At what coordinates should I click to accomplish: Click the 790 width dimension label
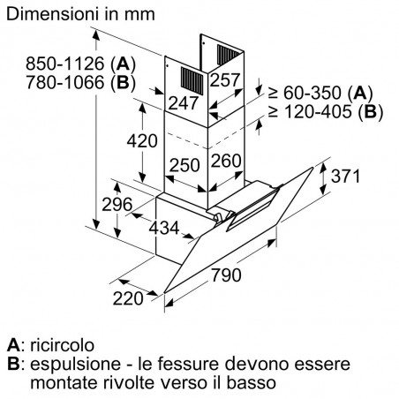coord(226,275)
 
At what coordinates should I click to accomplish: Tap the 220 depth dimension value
coord(128,298)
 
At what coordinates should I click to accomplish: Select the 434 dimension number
coord(164,228)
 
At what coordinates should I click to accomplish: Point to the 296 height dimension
coord(117,204)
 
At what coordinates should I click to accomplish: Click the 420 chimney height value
coord(142,140)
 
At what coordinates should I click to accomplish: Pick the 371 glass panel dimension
coord(345,177)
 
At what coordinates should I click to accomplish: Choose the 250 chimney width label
coord(184,165)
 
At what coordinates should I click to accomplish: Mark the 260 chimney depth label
coord(226,161)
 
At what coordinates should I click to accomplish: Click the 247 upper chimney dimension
coord(183,103)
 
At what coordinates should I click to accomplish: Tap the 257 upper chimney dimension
coord(225,79)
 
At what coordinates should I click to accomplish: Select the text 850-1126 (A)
coord(80,64)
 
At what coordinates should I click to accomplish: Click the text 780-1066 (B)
coord(80,82)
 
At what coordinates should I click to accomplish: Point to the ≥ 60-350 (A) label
coord(320,93)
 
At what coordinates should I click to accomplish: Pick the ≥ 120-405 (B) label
coord(326,112)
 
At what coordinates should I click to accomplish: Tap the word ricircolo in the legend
coord(62,345)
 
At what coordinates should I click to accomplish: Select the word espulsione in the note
coord(75,364)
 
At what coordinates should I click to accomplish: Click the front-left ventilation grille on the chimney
coord(192,81)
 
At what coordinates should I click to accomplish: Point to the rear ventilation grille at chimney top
coord(229,55)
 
